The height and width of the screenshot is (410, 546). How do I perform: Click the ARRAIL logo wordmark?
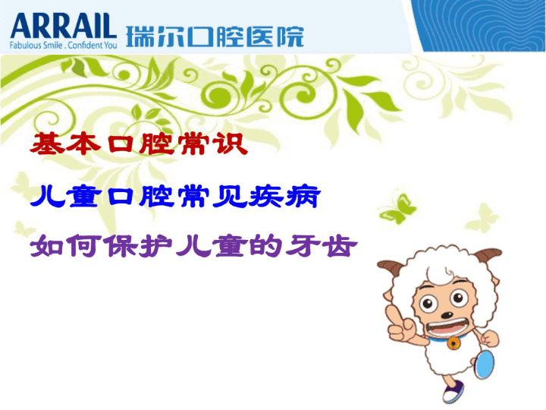click(64, 26)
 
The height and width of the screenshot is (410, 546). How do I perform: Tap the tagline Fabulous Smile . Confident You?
click(64, 45)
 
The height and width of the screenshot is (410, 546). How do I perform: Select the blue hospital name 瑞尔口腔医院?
click(215, 36)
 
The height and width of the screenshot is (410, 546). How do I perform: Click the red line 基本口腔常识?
click(139, 143)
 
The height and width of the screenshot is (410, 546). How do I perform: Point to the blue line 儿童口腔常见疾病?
click(175, 197)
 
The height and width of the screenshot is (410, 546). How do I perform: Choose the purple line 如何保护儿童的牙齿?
click(193, 246)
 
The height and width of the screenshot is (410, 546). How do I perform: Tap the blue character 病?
click(303, 197)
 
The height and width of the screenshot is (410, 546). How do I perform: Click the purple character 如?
click(47, 246)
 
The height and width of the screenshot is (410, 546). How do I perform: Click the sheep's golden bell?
click(453, 343)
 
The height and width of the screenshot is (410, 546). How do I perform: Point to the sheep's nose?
click(447, 315)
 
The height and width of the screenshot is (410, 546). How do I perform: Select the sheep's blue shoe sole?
click(485, 364)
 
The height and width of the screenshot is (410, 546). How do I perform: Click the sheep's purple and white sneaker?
click(453, 391)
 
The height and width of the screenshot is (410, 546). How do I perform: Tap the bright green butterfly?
click(398, 209)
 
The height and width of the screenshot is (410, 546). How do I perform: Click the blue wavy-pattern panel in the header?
click(479, 26)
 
